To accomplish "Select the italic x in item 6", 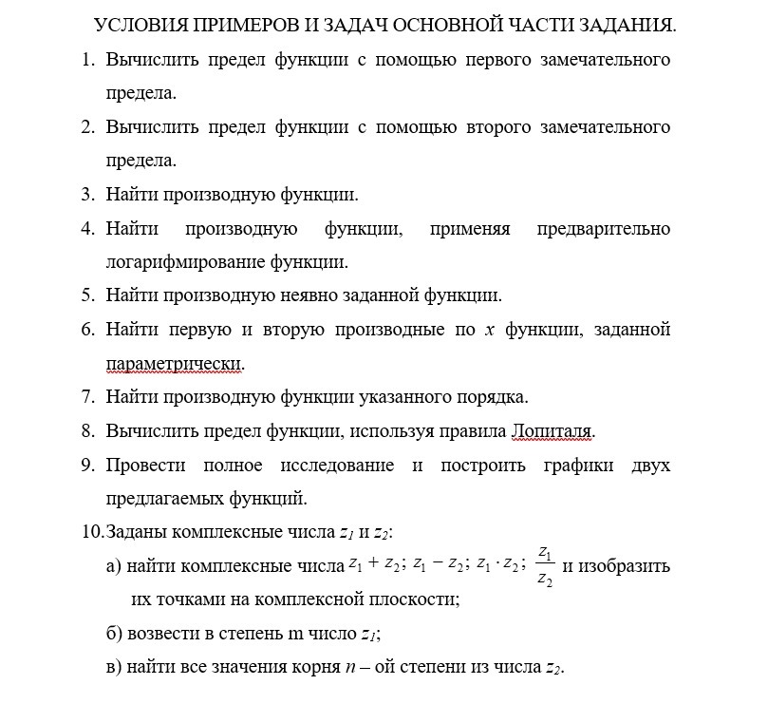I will pyautogui.click(x=490, y=330).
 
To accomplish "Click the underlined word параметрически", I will pyautogui.click(x=175, y=363).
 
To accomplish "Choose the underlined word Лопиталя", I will pyautogui.click(x=553, y=430).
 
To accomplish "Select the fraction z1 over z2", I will pyautogui.click(x=545, y=566).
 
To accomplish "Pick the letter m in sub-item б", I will pyautogui.click(x=287, y=634).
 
